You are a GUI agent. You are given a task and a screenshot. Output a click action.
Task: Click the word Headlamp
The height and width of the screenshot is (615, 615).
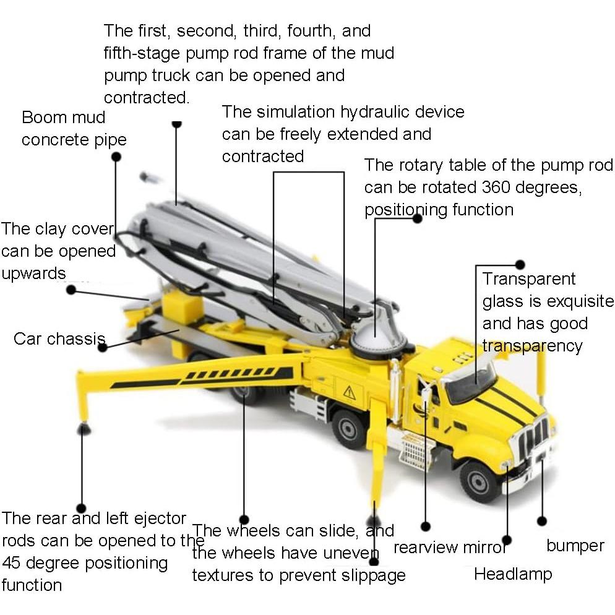(x=512, y=574)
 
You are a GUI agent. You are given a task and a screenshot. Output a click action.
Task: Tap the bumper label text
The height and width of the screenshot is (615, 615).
(x=575, y=546)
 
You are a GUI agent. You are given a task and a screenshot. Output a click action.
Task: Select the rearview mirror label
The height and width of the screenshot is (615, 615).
(x=450, y=548)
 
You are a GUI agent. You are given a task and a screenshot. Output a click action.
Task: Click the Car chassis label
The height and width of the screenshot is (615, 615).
(x=59, y=338)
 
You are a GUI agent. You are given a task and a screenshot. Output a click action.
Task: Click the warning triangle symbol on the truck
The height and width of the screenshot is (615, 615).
(x=350, y=392)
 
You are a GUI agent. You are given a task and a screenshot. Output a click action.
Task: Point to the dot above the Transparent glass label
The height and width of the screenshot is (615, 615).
(x=519, y=264)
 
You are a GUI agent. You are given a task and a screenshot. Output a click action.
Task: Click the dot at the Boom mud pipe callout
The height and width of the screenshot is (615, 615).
(x=116, y=157)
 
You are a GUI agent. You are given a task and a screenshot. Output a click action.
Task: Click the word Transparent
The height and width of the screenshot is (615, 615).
(x=529, y=279)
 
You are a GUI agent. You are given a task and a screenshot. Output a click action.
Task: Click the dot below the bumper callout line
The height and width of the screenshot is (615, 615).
(x=542, y=521)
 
